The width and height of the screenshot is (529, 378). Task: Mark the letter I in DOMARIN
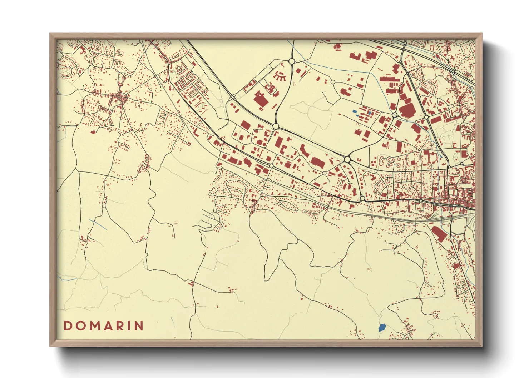click(129, 326)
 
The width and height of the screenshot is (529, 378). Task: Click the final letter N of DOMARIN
click(139, 326)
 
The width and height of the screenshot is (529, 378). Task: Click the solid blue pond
click(382, 327)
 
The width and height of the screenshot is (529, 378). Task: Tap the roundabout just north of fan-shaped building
click(291, 61)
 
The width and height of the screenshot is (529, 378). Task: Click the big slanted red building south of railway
click(439, 233)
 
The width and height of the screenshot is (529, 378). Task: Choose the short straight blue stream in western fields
click(98, 225)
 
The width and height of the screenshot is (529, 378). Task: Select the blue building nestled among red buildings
click(355, 111)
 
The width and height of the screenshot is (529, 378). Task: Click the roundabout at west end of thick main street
click(362, 198)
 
